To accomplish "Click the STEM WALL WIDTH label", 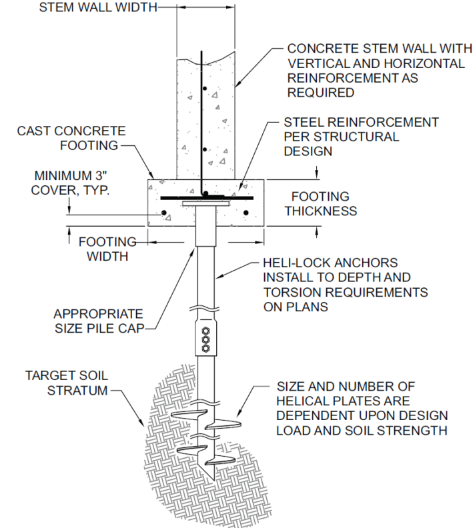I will point(97,8).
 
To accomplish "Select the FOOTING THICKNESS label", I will point(320,203).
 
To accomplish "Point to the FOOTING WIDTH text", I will point(107,248).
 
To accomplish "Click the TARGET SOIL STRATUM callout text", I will point(66,383).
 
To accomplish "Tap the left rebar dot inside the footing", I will point(163,213).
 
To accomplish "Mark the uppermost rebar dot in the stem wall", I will point(207,88).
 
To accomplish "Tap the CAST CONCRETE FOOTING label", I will point(71,138).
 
